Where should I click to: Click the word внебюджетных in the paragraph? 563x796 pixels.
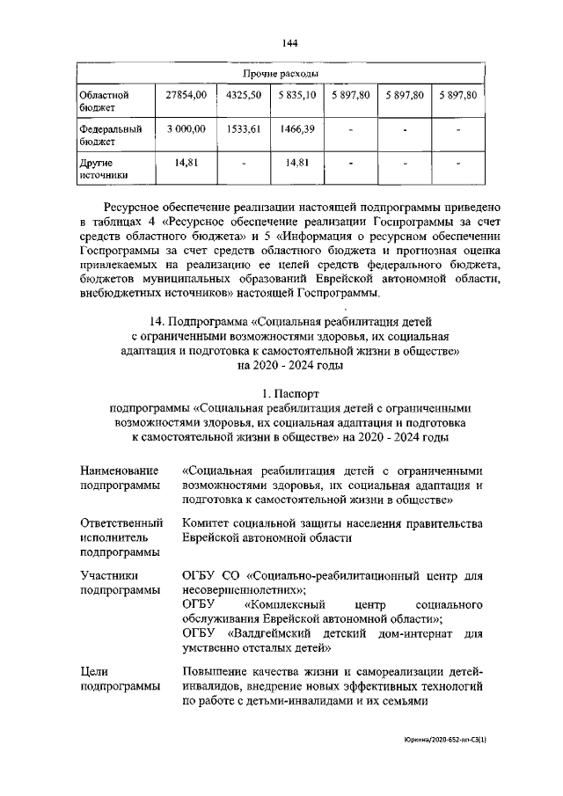121,291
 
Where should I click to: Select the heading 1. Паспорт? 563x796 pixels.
281,394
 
